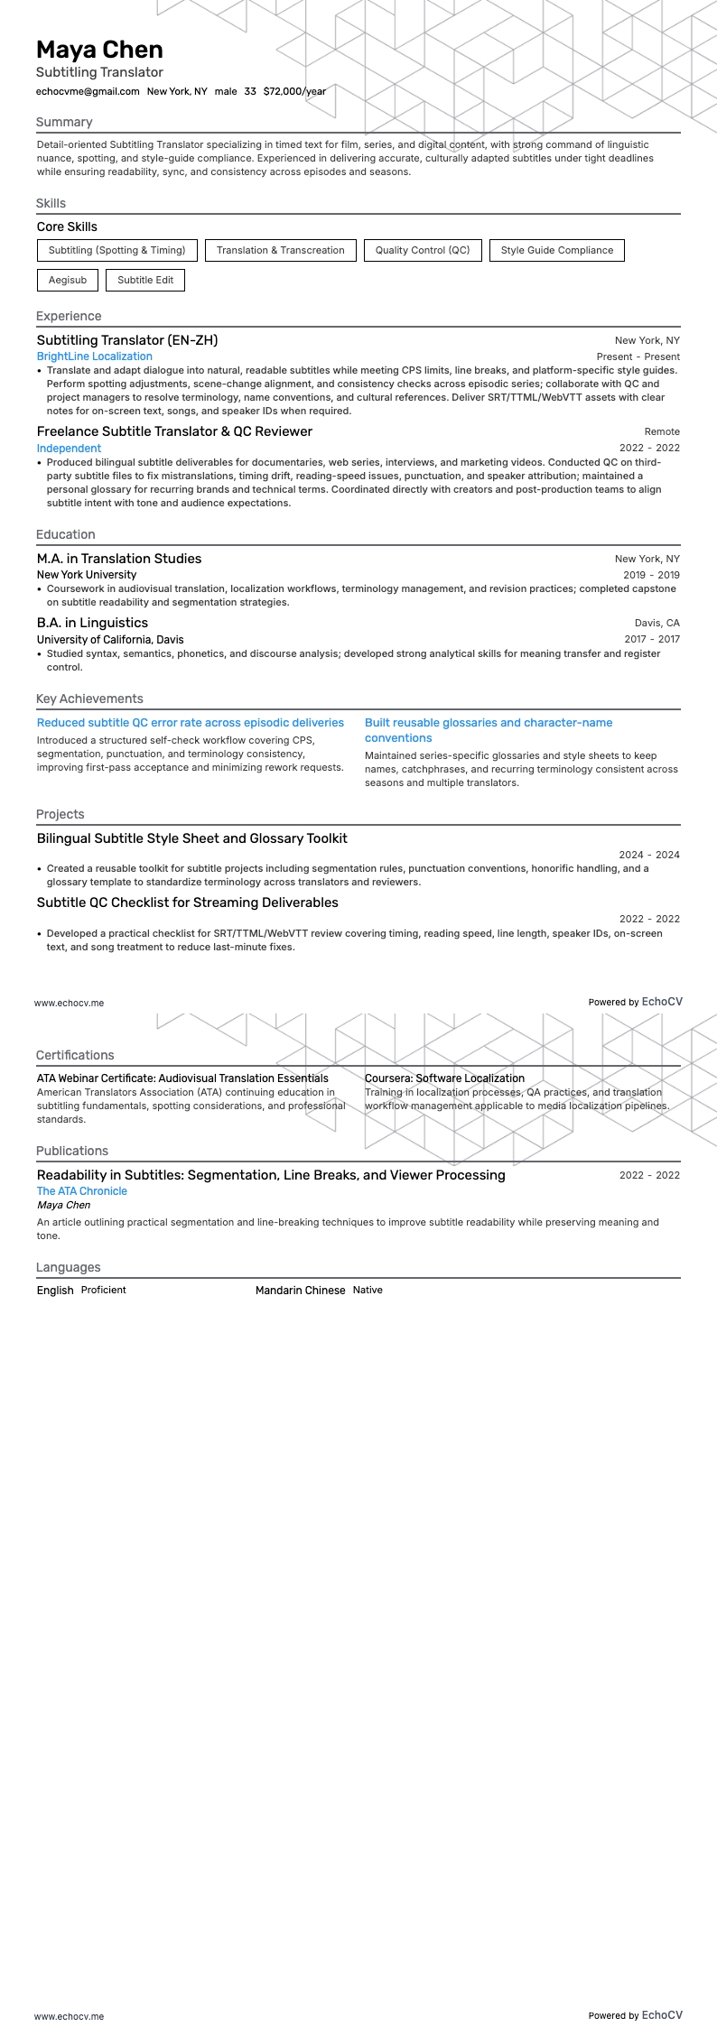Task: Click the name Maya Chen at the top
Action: pyautogui.click(x=99, y=50)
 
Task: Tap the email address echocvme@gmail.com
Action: pyautogui.click(x=88, y=91)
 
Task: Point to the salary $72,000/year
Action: pyautogui.click(x=294, y=91)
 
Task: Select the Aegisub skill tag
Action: pyautogui.click(x=68, y=280)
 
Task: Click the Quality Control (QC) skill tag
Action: pyautogui.click(x=423, y=250)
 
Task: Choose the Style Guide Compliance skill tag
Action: pyautogui.click(x=556, y=250)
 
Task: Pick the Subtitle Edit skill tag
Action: pyautogui.click(x=145, y=280)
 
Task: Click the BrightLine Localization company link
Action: pyautogui.click(x=94, y=356)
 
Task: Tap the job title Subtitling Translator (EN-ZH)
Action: pyautogui.click(x=127, y=340)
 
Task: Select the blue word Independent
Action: pyautogui.click(x=69, y=448)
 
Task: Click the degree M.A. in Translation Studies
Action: pyautogui.click(x=119, y=559)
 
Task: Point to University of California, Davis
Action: pyautogui.click(x=110, y=639)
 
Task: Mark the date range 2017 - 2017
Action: pyautogui.click(x=652, y=639)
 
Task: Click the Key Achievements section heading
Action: pyautogui.click(x=89, y=699)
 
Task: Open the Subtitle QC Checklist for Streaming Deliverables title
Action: pyautogui.click(x=188, y=902)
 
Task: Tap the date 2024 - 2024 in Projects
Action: pyautogui.click(x=649, y=855)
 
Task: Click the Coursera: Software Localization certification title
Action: pyautogui.click(x=444, y=1078)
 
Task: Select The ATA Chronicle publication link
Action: pyautogui.click(x=82, y=1191)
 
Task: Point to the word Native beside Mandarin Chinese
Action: pyautogui.click(x=368, y=1290)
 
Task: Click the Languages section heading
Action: pyautogui.click(x=68, y=1267)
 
